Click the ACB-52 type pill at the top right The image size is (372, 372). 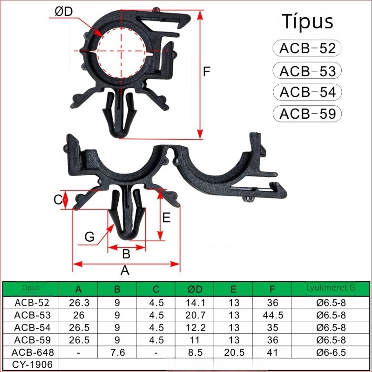[307, 48]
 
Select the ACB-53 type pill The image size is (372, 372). [307, 71]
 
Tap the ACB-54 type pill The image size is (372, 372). [307, 92]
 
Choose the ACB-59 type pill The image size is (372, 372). [307, 114]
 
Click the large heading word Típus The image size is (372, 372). [307, 22]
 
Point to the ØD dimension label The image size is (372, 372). [64, 12]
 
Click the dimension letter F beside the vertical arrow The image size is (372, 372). [208, 72]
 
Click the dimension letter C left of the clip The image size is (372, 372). [58, 200]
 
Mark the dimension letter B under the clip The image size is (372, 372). [126, 254]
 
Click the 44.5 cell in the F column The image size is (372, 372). [272, 315]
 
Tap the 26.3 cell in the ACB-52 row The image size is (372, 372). [79, 303]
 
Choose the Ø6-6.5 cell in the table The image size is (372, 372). [331, 352]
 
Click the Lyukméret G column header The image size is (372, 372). [331, 288]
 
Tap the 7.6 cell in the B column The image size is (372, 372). [117, 352]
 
